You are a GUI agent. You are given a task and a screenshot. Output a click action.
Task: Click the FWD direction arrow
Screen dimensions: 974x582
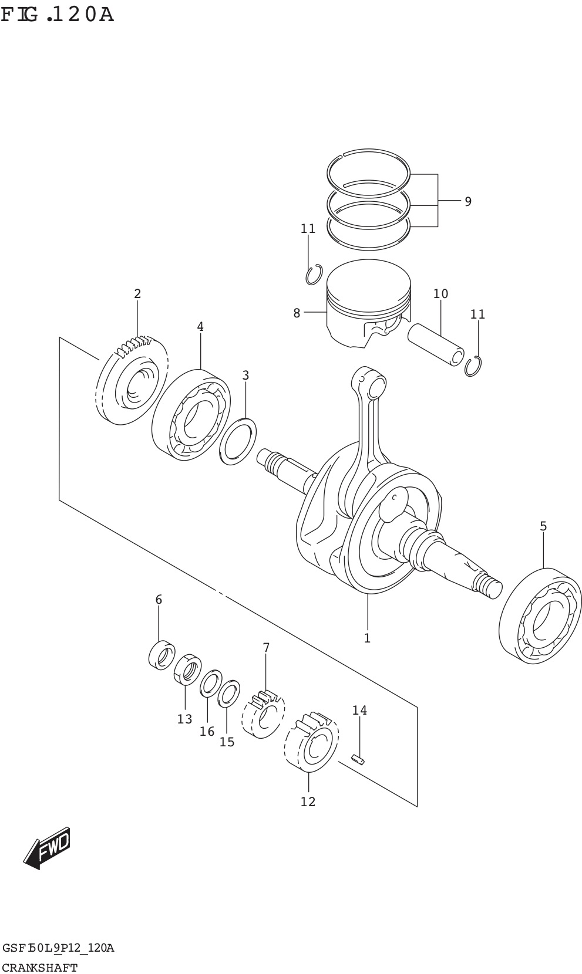[x=47, y=848]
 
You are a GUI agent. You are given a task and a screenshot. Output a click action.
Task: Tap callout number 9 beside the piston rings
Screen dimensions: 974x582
[x=467, y=202]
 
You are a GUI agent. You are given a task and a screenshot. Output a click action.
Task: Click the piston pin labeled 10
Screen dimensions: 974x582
[x=436, y=344]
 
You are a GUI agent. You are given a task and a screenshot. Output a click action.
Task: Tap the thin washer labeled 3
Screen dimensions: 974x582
[x=238, y=441]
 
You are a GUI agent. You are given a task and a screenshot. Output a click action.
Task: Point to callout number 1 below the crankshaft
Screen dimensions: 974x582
[x=367, y=638]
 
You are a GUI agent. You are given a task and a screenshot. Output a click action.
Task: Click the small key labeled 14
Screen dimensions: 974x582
[x=358, y=760]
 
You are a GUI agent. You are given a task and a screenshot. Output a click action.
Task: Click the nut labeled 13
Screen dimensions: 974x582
[x=187, y=669]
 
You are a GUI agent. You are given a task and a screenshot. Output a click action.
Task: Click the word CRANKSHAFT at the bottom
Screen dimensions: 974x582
[x=40, y=967]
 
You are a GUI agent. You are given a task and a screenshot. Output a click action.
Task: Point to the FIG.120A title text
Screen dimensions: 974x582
[x=57, y=14]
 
